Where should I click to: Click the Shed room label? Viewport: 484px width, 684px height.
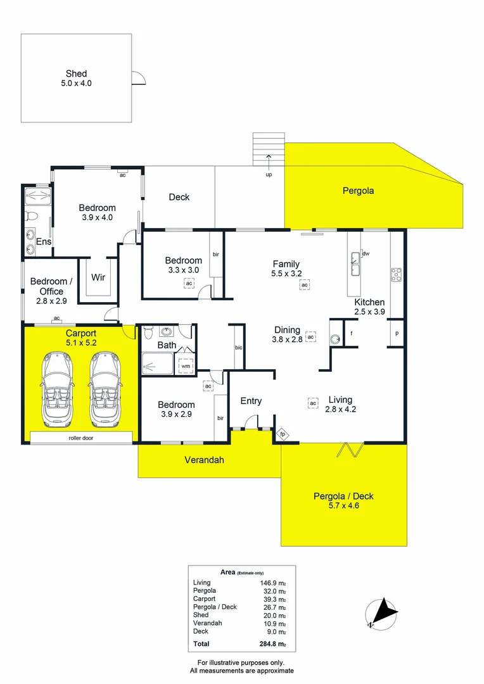(76, 74)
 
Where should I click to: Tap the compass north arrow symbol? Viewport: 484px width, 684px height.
(381, 613)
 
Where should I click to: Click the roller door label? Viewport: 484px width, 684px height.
(81, 438)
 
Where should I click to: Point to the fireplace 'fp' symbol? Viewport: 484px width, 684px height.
(283, 434)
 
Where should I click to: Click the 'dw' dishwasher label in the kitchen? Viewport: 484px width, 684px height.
(366, 254)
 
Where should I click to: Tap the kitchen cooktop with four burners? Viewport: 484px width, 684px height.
(397, 274)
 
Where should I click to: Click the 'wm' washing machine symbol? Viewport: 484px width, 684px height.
(186, 365)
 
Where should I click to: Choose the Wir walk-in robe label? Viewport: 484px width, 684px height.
(98, 277)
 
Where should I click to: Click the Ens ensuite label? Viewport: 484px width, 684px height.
(44, 242)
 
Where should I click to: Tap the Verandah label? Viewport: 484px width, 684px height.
(205, 460)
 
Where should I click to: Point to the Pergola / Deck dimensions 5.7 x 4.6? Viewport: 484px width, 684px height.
(344, 505)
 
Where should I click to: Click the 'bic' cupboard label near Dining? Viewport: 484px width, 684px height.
(239, 348)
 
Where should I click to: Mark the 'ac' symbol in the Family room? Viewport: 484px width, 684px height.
(305, 286)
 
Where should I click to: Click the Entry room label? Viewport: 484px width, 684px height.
(251, 401)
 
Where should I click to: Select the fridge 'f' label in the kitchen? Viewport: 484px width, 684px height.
(351, 333)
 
